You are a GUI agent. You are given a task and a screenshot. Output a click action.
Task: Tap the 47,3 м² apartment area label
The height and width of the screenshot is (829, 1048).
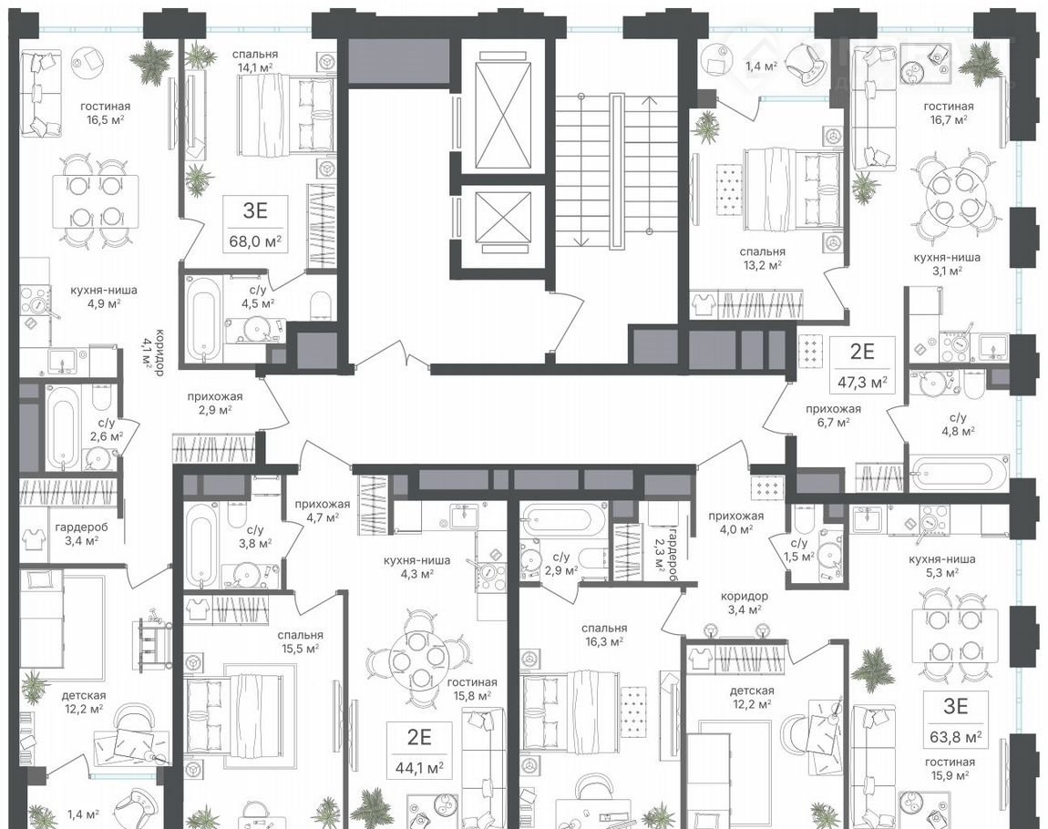coord(862,382)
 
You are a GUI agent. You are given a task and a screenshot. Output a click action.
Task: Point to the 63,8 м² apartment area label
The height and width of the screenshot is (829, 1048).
coord(956,737)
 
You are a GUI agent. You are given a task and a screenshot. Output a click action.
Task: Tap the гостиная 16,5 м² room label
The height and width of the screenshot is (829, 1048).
coord(105,112)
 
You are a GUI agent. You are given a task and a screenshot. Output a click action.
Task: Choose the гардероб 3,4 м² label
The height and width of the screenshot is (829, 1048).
coord(81,533)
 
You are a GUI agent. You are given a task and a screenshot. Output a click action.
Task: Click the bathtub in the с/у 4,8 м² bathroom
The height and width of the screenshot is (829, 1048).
coord(959,472)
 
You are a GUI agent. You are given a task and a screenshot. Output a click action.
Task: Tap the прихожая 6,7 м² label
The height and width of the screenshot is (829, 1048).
coord(833,414)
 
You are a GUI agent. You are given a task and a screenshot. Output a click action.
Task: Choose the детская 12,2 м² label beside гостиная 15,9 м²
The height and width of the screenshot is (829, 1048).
coord(752,697)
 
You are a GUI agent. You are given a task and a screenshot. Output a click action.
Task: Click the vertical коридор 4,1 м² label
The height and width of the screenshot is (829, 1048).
coord(153,352)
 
